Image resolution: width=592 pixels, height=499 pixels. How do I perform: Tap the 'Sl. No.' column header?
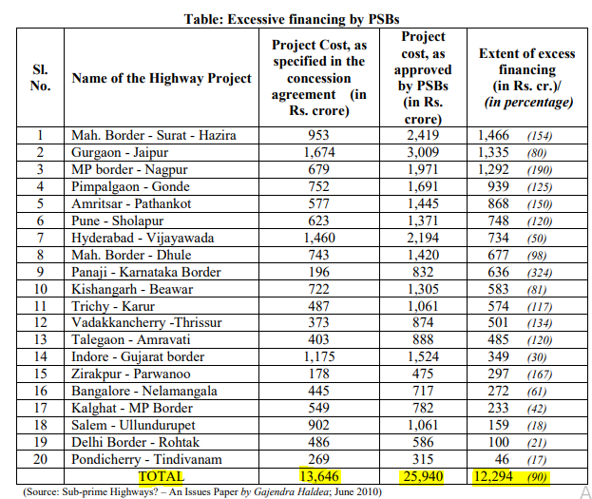[x=40, y=78]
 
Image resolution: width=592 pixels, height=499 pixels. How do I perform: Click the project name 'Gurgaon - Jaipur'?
[x=118, y=152]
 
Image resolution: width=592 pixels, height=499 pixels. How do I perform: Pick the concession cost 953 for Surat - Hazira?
[x=318, y=135]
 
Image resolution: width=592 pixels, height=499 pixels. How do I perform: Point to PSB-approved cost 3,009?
[x=423, y=152]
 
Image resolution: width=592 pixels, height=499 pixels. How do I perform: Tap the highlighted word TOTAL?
[x=162, y=475]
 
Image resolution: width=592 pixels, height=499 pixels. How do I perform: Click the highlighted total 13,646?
[x=318, y=475]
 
